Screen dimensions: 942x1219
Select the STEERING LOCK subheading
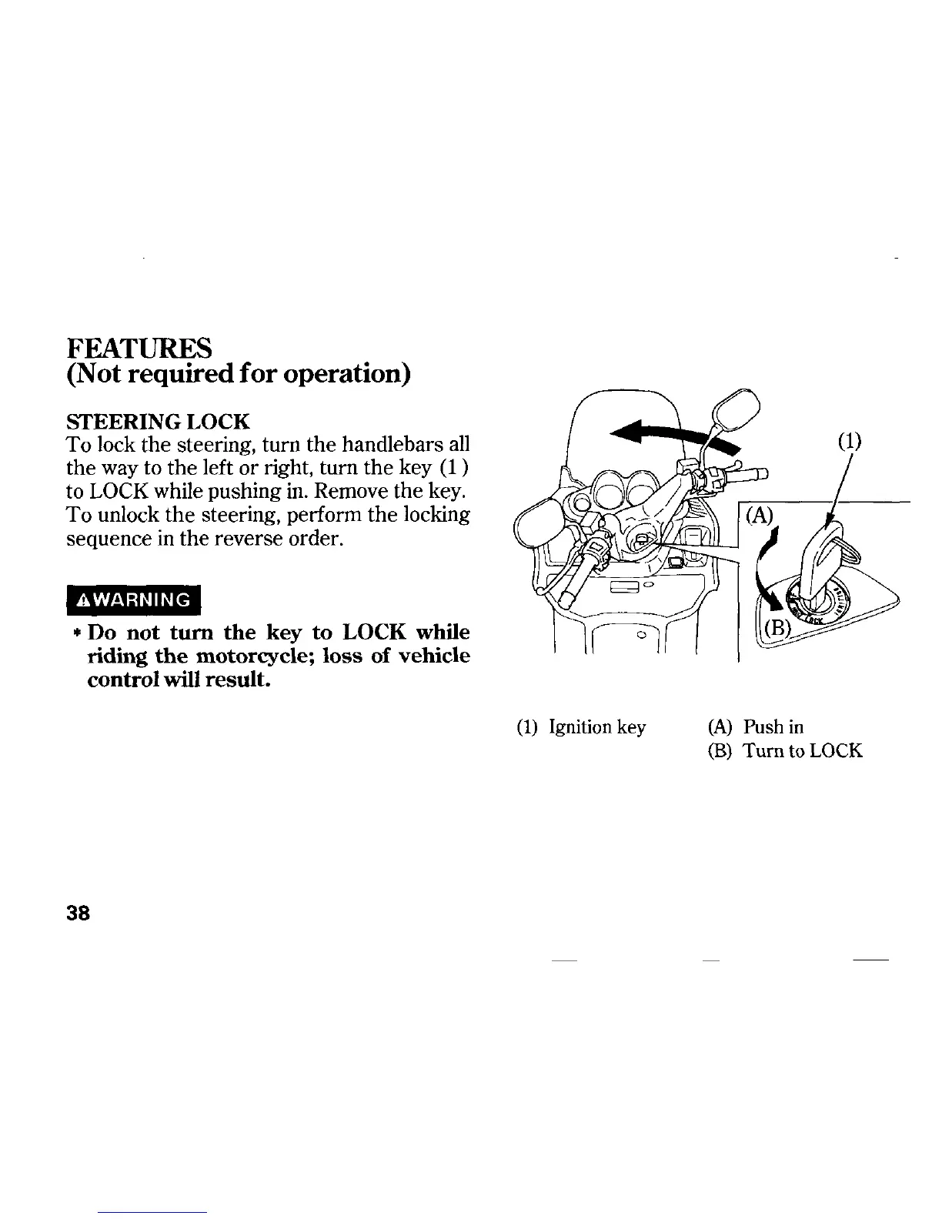pos(158,422)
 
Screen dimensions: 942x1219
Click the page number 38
pos(79,913)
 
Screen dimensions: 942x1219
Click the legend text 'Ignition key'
pos(597,727)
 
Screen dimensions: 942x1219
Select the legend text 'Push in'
pos(773,727)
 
